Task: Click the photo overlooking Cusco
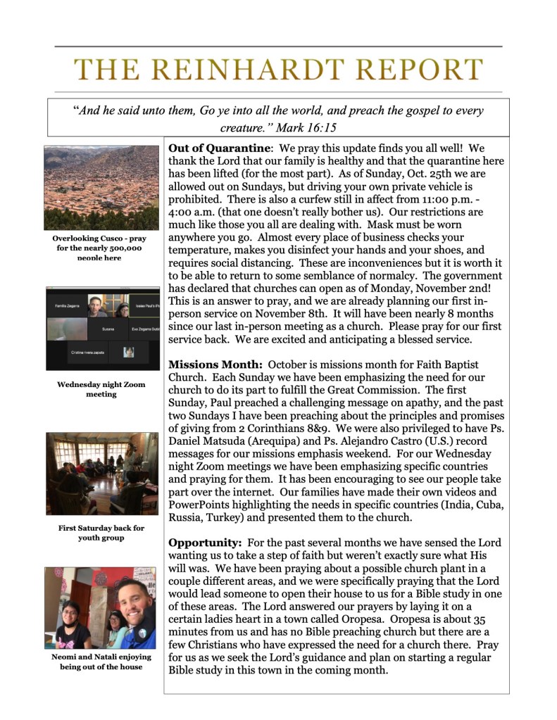(x=101, y=188)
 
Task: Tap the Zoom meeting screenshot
(x=102, y=329)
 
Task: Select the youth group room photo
(x=101, y=475)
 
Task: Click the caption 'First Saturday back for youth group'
(x=101, y=533)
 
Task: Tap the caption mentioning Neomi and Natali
(x=101, y=662)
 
